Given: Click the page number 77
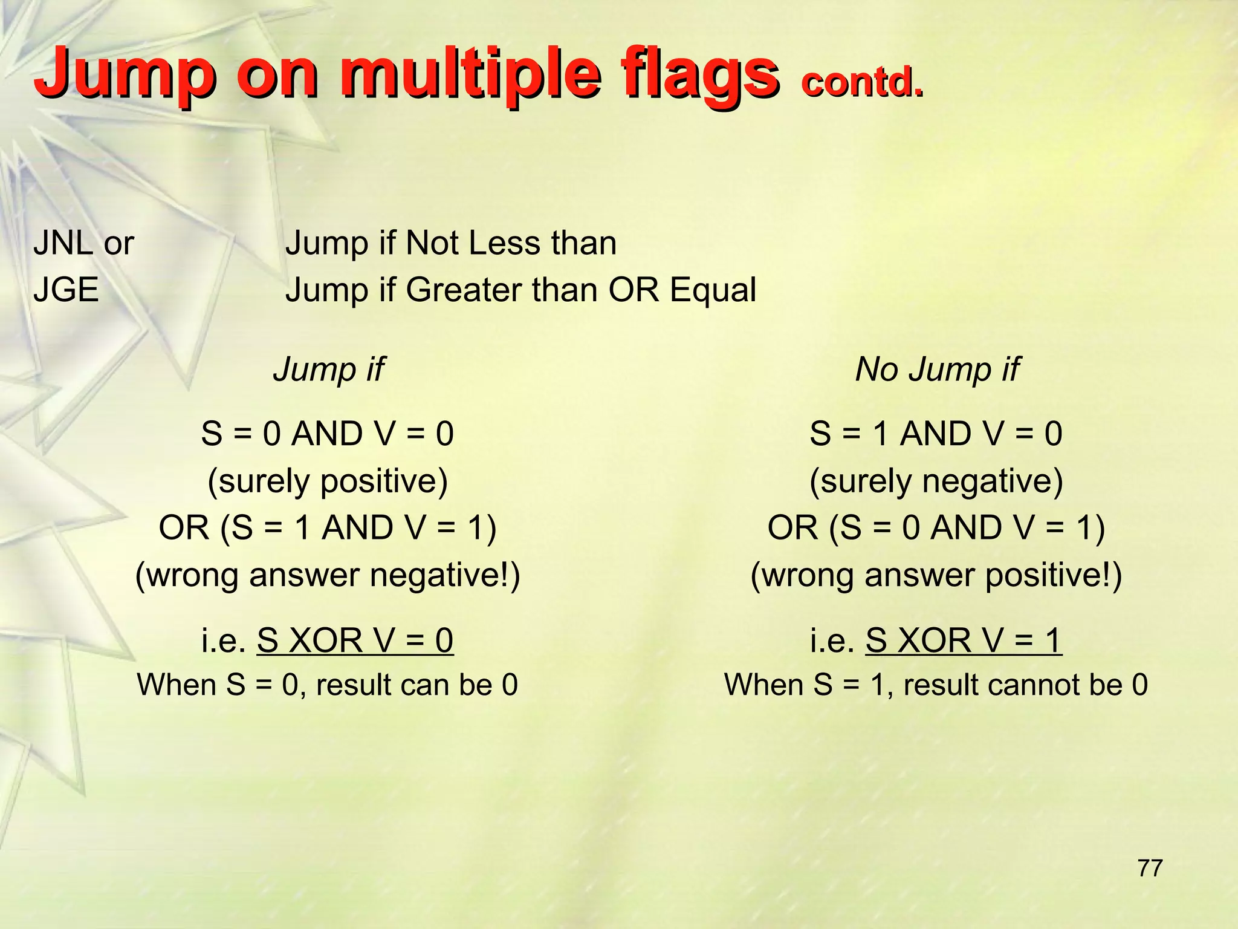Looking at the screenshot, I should (1150, 868).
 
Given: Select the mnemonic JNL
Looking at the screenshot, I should (63, 243).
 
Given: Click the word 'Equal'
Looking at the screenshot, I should (713, 290).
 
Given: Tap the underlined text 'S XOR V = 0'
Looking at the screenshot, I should (355, 640).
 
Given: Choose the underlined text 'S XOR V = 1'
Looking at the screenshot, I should (964, 640).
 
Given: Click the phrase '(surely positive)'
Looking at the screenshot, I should (328, 481).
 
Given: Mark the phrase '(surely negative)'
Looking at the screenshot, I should (936, 481).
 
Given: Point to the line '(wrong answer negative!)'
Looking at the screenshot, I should (328, 575).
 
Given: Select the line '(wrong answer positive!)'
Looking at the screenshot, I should (936, 575).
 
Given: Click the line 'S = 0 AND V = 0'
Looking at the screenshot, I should (328, 434).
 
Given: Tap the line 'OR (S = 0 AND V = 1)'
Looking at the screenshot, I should (936, 527).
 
